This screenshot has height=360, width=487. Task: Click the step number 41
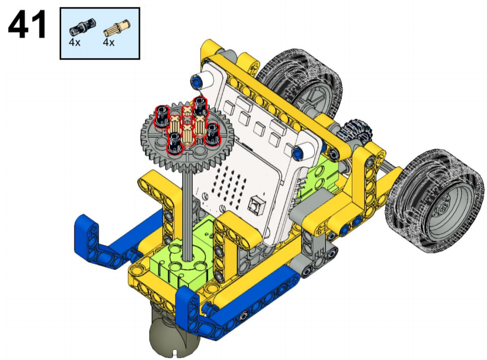click(27, 24)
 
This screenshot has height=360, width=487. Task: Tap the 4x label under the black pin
click(74, 42)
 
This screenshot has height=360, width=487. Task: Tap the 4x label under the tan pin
click(109, 42)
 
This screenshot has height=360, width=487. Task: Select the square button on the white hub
click(257, 205)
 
